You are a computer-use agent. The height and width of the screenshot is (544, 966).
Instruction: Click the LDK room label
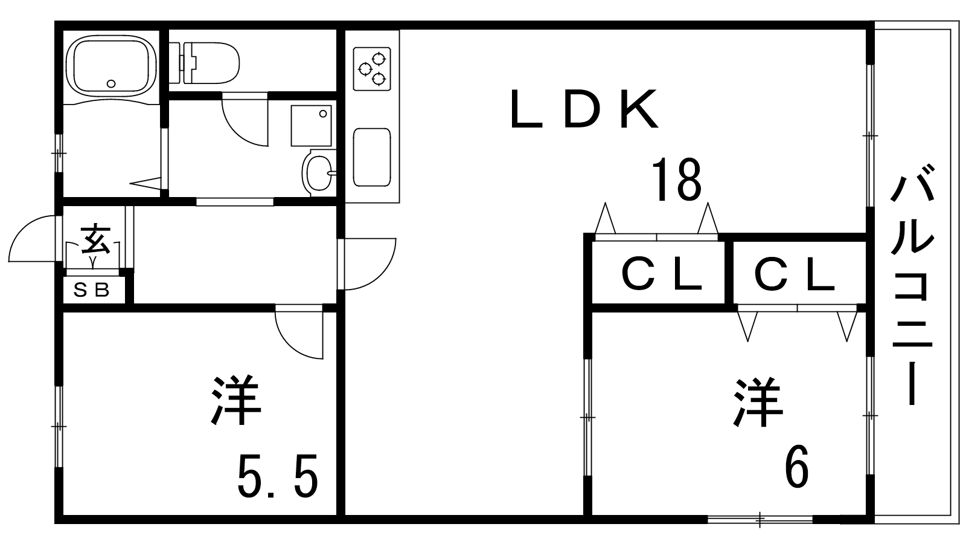coord(584,109)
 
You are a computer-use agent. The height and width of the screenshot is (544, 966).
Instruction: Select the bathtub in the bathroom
coord(112,66)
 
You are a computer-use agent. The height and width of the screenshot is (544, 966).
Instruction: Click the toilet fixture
coord(204,63)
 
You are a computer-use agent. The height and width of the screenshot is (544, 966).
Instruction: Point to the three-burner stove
coord(372,69)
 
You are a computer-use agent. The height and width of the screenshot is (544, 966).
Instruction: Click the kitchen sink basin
coord(372,157)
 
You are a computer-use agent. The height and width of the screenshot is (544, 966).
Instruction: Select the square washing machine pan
coord(312,126)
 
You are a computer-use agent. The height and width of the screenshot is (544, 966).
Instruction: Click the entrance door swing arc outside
coord(33,238)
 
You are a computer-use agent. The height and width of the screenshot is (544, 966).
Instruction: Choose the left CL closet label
coord(662,274)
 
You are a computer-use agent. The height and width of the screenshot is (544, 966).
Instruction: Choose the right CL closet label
coord(795,274)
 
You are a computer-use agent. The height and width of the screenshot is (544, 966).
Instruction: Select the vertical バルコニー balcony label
coord(912,285)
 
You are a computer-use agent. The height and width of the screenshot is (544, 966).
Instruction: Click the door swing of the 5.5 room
coord(299,332)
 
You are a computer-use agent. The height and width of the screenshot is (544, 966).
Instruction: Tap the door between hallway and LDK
coord(367,264)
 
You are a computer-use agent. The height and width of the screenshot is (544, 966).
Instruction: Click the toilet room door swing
coord(245,120)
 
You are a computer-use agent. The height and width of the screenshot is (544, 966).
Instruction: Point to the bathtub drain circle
coord(111,84)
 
